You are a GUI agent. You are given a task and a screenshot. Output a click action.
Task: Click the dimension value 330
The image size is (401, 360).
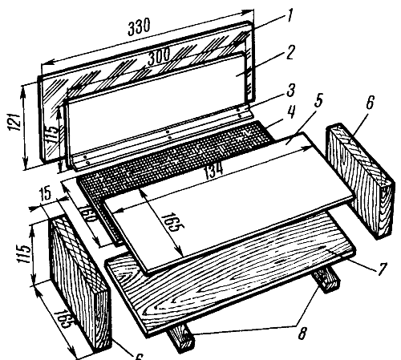pyautogui.click(x=139, y=27)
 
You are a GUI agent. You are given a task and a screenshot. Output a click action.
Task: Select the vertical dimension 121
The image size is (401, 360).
pyautogui.click(x=15, y=122)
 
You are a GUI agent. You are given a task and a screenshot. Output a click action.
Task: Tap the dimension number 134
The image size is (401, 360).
pyautogui.click(x=214, y=170)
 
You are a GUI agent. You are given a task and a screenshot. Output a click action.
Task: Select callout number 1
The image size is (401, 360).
pyautogui.click(x=288, y=17)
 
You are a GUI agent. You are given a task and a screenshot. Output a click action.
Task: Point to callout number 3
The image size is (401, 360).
pyautogui.click(x=291, y=91)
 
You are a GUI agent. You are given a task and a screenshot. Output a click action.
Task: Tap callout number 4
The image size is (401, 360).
pyautogui.click(x=292, y=112)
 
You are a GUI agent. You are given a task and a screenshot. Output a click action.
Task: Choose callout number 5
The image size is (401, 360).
pyautogui.click(x=318, y=100)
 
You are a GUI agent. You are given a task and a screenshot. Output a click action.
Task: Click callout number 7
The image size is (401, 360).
pyautogui.click(x=382, y=269)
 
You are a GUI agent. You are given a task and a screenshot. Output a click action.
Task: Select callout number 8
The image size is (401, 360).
pyautogui.click(x=302, y=333)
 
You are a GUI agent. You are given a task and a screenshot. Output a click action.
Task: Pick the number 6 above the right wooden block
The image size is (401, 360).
pyautogui.click(x=370, y=102)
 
